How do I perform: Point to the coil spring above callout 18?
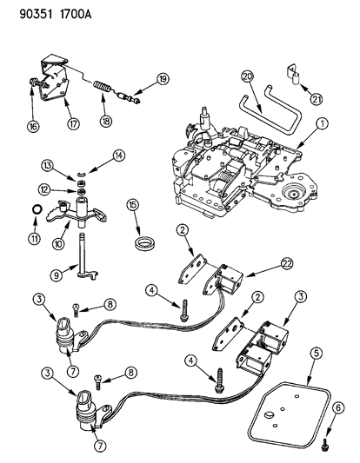click(104, 89)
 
